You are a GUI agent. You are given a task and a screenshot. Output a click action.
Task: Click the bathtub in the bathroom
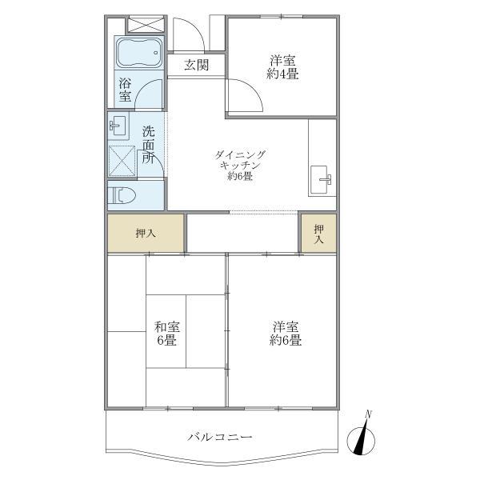pos(139,54)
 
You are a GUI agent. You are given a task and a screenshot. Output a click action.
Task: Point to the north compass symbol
pos(362,439)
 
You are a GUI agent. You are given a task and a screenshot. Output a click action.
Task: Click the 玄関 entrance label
pos(197,66)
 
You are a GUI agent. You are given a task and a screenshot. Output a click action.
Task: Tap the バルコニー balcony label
pos(220,438)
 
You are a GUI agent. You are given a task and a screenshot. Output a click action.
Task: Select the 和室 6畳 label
pos(167,333)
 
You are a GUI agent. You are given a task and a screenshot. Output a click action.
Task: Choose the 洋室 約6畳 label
pos(285,333)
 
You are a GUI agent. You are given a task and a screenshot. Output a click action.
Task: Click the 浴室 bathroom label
pos(126,90)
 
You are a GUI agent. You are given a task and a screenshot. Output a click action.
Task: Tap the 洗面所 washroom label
pos(149,144)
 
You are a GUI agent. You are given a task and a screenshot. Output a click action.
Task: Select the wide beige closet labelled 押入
pos(146,234)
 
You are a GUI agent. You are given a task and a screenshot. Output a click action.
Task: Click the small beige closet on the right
pos(318,234)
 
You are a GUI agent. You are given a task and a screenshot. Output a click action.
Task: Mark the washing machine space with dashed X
pos(124,160)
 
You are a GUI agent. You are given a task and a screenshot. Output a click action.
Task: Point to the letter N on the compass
pos(369,414)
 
